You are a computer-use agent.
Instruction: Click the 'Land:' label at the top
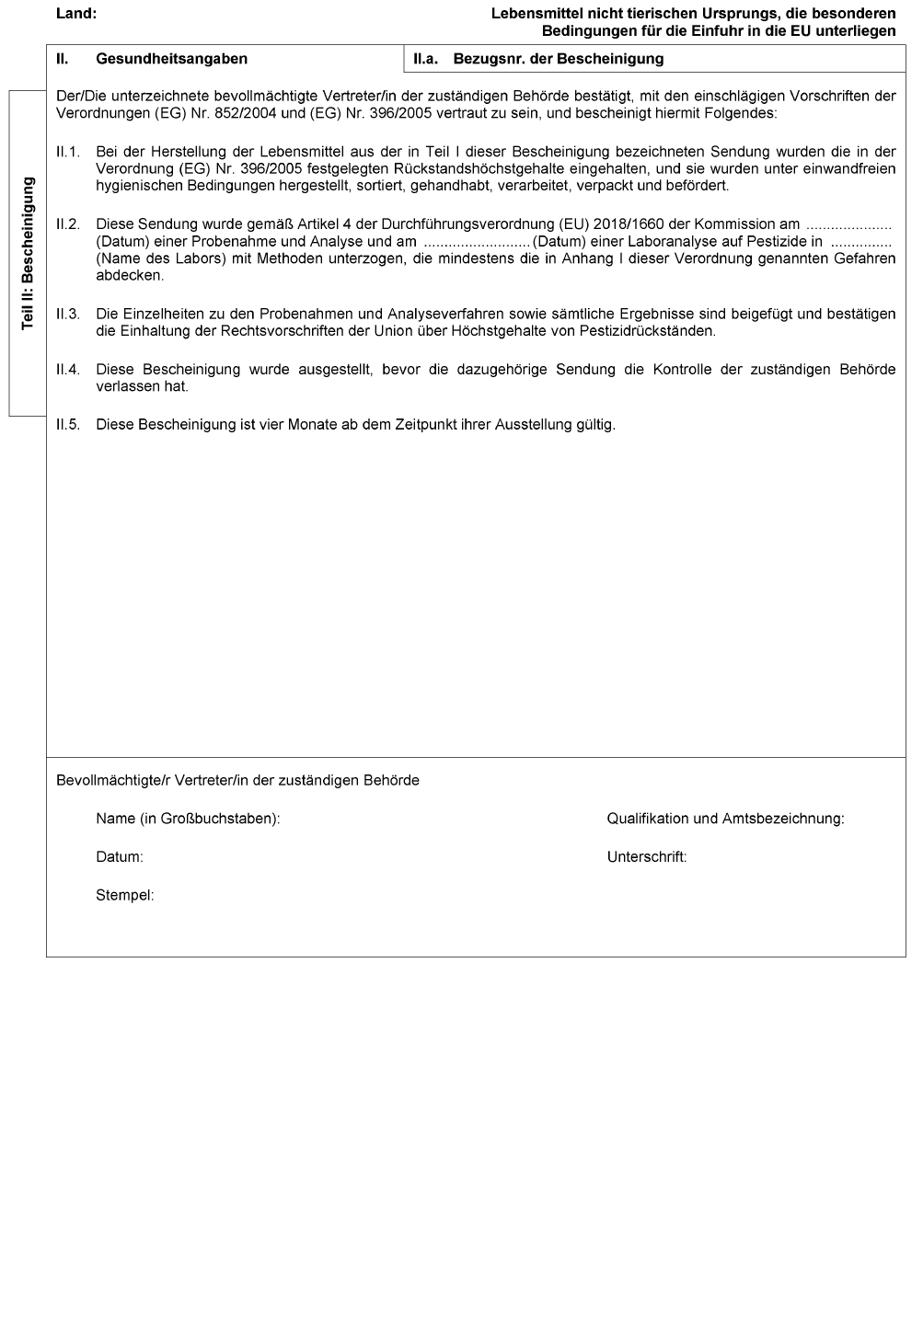(76, 14)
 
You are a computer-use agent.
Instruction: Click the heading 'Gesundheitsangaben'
(171, 59)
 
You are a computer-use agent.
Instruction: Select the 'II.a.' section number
(426, 59)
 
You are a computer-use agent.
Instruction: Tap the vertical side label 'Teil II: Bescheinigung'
(28, 254)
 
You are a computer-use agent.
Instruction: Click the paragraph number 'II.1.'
(68, 152)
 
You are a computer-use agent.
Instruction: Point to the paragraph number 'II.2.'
(68, 224)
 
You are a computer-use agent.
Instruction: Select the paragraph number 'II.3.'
(68, 315)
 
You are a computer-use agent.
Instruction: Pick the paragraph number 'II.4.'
(68, 370)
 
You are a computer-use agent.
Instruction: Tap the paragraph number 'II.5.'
(68, 425)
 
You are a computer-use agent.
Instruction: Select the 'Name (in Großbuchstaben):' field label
(188, 819)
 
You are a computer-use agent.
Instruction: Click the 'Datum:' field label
(120, 857)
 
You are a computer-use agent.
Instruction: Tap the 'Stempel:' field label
(125, 895)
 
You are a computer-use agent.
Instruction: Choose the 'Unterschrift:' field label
(647, 857)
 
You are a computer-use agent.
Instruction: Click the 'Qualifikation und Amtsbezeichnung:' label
(725, 819)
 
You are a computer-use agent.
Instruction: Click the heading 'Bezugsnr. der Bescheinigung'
(559, 59)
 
